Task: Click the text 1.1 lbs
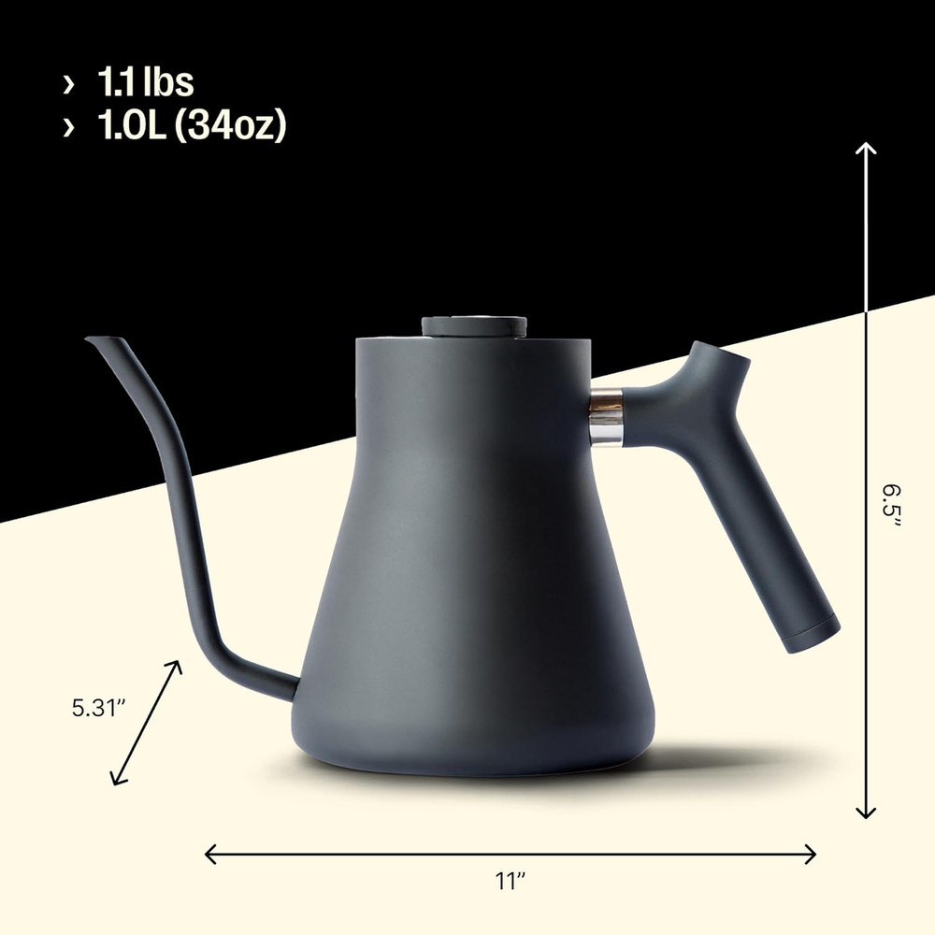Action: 145,83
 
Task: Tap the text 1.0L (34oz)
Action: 192,125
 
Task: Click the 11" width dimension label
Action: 509,881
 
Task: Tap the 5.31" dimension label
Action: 98,708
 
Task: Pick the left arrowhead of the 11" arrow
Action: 209,853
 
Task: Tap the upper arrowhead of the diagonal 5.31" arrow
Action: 176,665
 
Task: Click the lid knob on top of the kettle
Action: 473,326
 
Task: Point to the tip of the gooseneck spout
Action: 91,340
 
